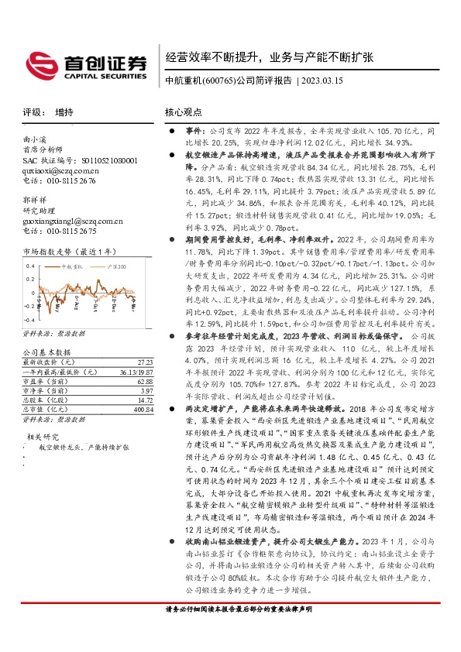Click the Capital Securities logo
[x=85, y=65]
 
